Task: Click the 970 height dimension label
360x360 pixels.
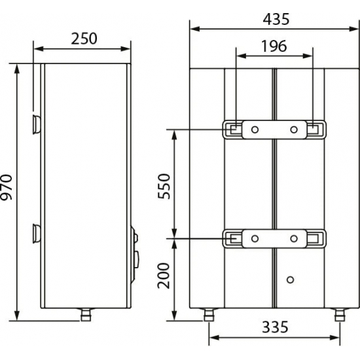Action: [8, 189]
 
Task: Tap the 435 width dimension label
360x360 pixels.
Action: [275, 19]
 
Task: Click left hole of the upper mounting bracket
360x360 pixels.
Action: [255, 128]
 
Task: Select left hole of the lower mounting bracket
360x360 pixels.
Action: [255, 238]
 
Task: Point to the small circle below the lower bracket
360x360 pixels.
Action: [289, 279]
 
